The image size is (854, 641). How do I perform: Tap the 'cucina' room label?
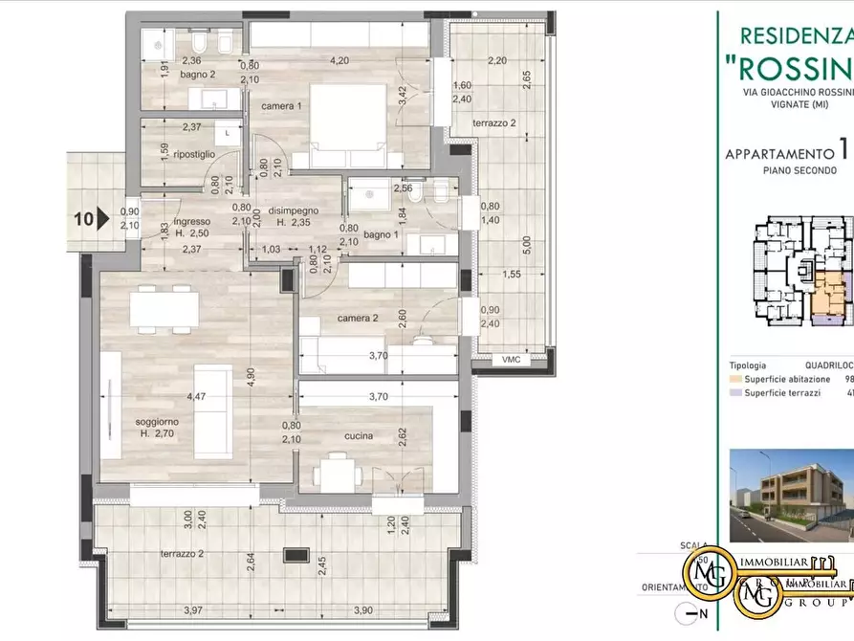(359, 436)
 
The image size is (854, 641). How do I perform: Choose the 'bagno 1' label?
(381, 234)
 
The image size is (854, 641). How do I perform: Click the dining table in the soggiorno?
(164, 309)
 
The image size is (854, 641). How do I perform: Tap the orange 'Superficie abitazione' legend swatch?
(735, 379)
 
